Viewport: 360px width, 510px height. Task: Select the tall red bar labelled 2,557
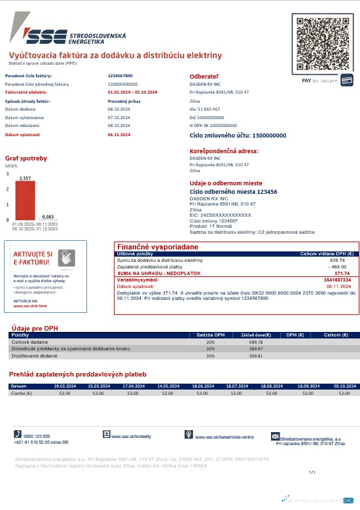(26, 200)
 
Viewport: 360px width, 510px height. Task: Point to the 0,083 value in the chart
(47, 216)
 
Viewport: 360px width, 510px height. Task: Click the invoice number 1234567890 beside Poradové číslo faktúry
(120, 76)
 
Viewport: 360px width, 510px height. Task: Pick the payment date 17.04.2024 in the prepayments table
(132, 386)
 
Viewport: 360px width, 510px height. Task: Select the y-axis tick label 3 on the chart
(8, 174)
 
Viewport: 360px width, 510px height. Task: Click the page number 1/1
(312, 472)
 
